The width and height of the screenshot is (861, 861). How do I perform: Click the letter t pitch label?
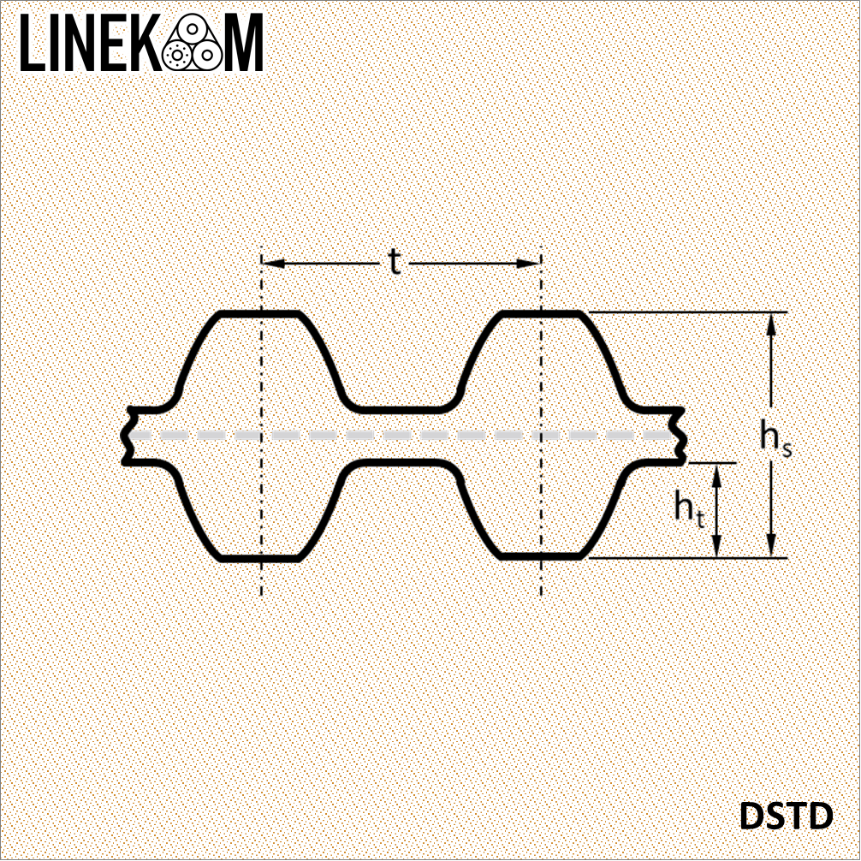pyautogui.click(x=395, y=262)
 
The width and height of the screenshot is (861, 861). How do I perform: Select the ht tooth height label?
pyautogui.click(x=690, y=508)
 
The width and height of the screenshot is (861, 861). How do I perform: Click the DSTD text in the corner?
pyautogui.click(x=786, y=816)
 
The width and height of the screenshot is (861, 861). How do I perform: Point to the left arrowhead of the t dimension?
pyautogui.click(x=273, y=264)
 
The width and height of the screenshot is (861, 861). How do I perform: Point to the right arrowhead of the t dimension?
pyautogui.click(x=529, y=264)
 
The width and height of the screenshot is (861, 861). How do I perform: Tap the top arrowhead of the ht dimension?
pyautogui.click(x=716, y=475)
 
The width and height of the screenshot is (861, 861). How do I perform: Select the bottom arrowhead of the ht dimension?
pyautogui.click(x=716, y=546)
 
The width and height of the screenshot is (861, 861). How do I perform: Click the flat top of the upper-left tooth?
pyautogui.click(x=259, y=313)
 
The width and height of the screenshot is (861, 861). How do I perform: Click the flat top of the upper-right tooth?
pyautogui.click(x=542, y=313)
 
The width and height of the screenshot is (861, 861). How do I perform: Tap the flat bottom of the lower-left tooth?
pyautogui.click(x=259, y=558)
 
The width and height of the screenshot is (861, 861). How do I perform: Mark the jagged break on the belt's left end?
pyautogui.click(x=128, y=436)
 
